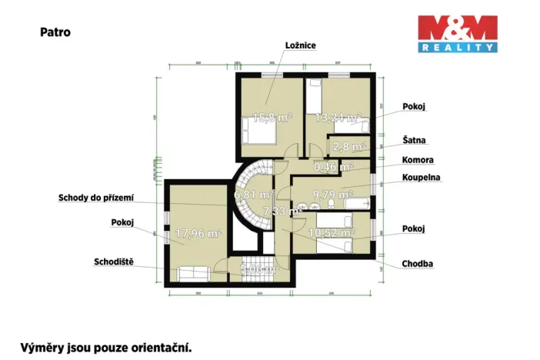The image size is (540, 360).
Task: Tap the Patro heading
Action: click(x=55, y=33)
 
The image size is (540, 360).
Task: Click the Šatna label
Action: click(x=414, y=141)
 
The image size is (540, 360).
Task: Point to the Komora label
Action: click(x=418, y=160)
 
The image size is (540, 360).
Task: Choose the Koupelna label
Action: click(x=420, y=178)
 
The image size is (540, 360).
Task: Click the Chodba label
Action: click(x=417, y=264)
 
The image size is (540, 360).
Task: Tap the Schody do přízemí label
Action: click(x=96, y=198)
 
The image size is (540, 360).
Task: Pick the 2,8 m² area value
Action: click(x=348, y=145)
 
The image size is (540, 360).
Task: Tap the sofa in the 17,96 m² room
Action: click(x=195, y=272)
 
